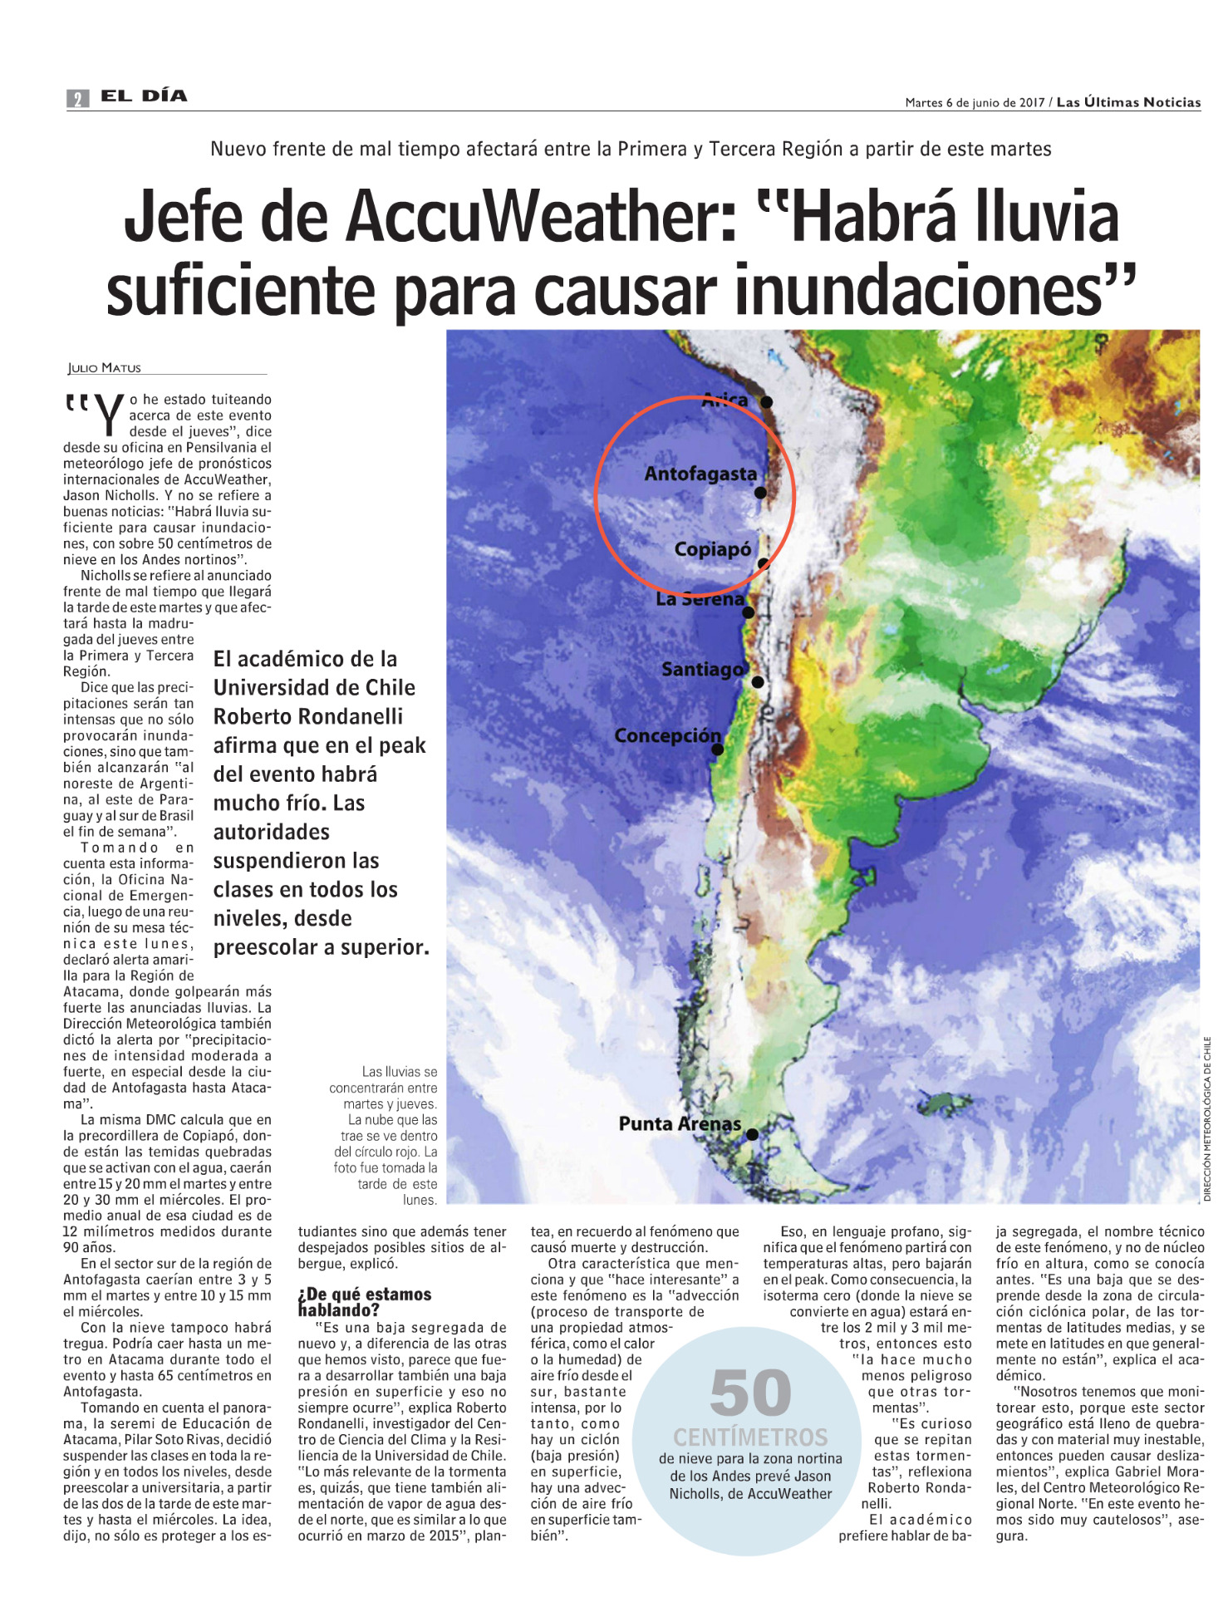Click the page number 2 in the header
pyautogui.click(x=77, y=99)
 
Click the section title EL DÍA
pyautogui.click(x=144, y=96)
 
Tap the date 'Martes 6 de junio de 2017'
pyautogui.click(x=974, y=103)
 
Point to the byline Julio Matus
pyautogui.click(x=104, y=368)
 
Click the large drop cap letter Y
pyautogui.click(x=108, y=415)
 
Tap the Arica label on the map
pyautogui.click(x=725, y=400)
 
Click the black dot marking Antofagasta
pyautogui.click(x=760, y=493)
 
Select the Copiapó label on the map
pyautogui.click(x=712, y=549)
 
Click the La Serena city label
pyautogui.click(x=700, y=599)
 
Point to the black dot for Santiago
pyautogui.click(x=758, y=682)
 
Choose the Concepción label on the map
pyautogui.click(x=667, y=736)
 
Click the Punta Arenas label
pyautogui.click(x=680, y=1124)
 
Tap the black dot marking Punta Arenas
pyautogui.click(x=752, y=1134)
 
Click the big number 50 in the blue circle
pyautogui.click(x=749, y=1393)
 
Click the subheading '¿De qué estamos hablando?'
pyautogui.click(x=364, y=1302)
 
